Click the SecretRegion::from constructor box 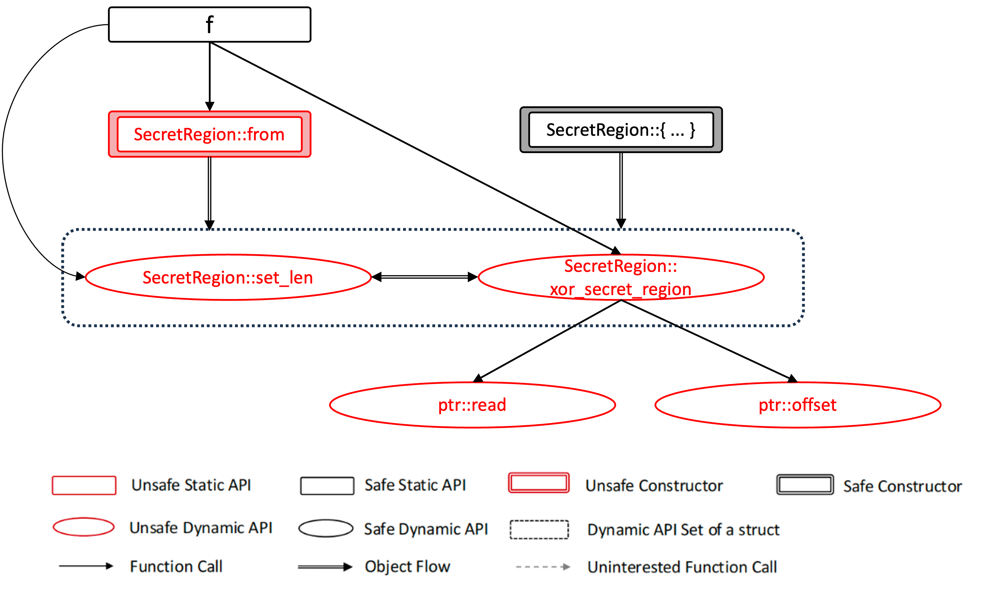click(x=209, y=134)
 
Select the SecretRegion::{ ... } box click(x=621, y=130)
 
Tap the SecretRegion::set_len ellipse click(x=228, y=277)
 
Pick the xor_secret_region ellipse click(x=621, y=277)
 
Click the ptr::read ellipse click(x=472, y=405)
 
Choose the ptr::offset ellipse click(x=798, y=405)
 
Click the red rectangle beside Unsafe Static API click(x=84, y=485)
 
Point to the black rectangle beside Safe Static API click(x=327, y=485)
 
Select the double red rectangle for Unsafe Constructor click(x=539, y=483)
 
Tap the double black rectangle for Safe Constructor click(x=805, y=485)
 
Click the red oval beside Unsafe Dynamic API click(x=84, y=527)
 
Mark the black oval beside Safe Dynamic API click(x=326, y=528)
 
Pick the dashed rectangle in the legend click(x=539, y=529)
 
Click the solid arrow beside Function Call click(x=86, y=566)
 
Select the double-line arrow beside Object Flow click(x=325, y=567)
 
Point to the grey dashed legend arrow click(x=543, y=567)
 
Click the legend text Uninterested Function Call click(x=682, y=567)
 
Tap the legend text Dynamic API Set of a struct click(x=683, y=530)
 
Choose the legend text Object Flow click(x=407, y=567)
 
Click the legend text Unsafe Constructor click(x=654, y=485)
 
